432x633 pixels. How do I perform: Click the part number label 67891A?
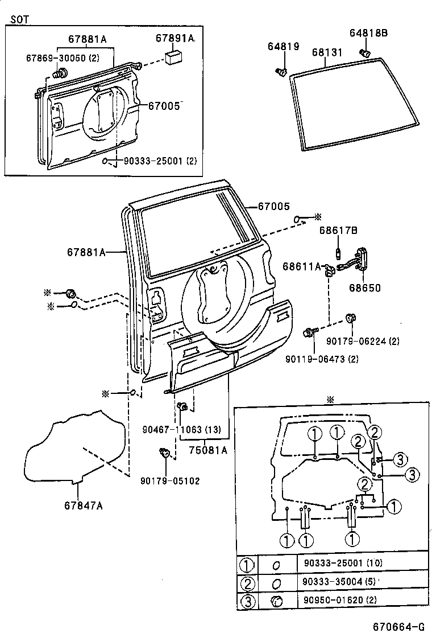click(175, 38)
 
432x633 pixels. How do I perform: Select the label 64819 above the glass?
click(283, 47)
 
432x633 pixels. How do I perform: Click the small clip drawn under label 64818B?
click(366, 53)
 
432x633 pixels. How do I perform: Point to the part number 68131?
click(327, 52)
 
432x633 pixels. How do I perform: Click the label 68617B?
click(338, 231)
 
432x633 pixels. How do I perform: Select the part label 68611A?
click(302, 266)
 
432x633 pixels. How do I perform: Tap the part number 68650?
click(365, 288)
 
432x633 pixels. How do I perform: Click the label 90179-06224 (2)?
click(363, 341)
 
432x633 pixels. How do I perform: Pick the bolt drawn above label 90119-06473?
click(310, 332)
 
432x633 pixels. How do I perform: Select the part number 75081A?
click(208, 450)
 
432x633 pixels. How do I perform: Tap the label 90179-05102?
click(170, 480)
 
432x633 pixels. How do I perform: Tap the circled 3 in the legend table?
click(246, 601)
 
